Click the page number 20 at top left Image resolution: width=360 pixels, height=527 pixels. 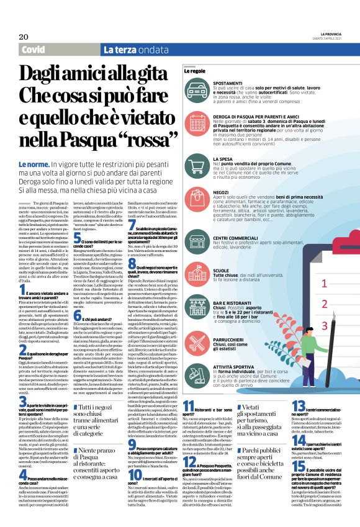pyautogui.click(x=24, y=37)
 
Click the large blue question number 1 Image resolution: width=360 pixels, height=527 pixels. pyautogui.click(x=22, y=290)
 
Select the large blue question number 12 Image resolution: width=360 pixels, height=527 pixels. pyautogui.click(x=189, y=445)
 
